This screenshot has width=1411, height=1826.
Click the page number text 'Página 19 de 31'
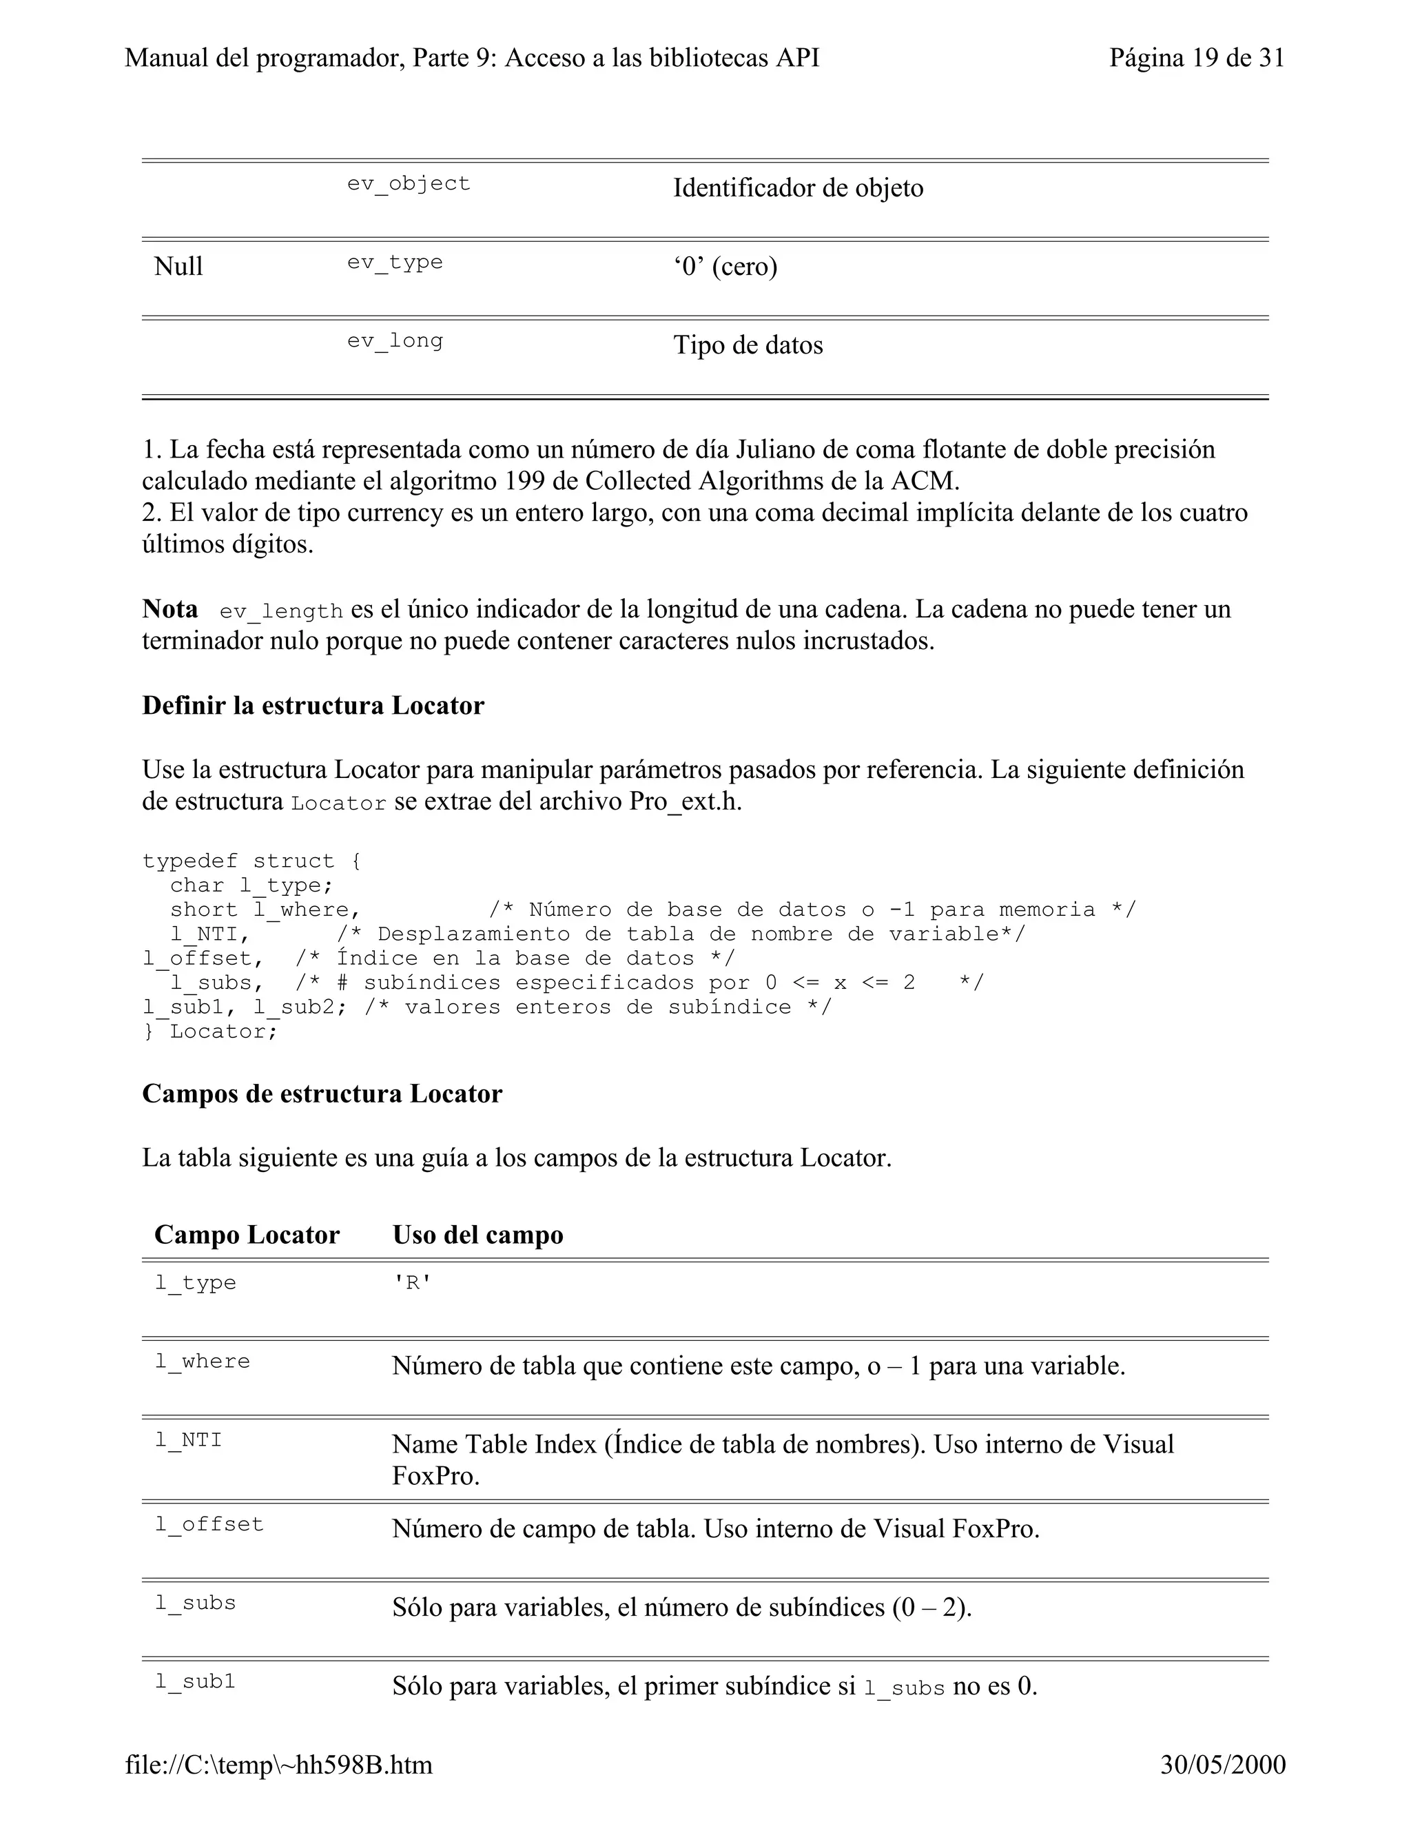(1195, 58)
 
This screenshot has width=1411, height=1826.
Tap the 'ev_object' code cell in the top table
(409, 183)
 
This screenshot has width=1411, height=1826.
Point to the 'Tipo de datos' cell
(748, 345)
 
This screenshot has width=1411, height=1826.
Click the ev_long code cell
(395, 340)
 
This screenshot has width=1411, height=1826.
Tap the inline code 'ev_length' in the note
(281, 612)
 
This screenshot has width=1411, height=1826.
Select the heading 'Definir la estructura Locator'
(313, 706)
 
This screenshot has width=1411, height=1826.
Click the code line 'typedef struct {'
(251, 861)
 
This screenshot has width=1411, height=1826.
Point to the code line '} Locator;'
(210, 1031)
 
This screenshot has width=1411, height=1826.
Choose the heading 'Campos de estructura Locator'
(322, 1094)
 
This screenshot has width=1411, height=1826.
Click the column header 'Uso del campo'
(477, 1235)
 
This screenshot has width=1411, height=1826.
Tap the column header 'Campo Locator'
(247, 1235)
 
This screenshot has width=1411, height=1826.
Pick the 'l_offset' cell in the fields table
(209, 1524)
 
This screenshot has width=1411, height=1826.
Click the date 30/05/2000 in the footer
(1222, 1765)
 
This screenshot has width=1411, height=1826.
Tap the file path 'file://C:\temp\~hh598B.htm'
(279, 1765)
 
